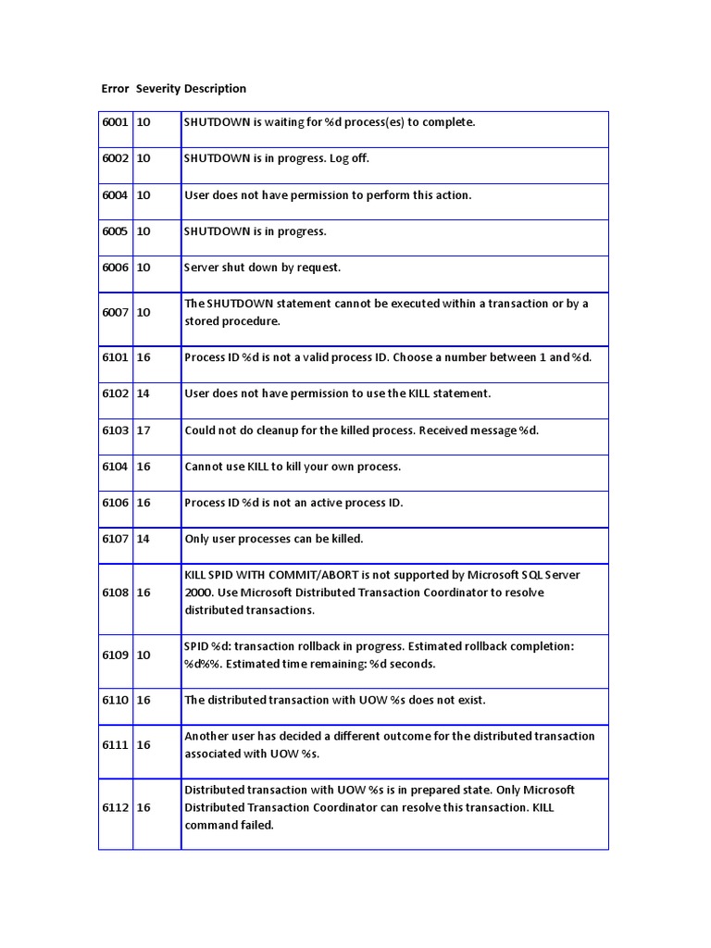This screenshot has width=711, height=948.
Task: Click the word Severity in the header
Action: (157, 89)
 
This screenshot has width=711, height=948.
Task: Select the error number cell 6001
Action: (116, 122)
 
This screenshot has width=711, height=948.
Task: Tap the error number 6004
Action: (116, 195)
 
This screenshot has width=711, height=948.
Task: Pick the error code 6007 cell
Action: (116, 313)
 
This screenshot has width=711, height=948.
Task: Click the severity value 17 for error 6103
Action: (143, 430)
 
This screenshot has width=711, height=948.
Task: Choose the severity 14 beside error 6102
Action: (143, 393)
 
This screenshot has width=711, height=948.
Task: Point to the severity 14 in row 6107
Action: (143, 539)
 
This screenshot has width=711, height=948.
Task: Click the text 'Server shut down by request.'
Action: (263, 268)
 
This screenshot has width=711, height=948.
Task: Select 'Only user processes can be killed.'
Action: (274, 539)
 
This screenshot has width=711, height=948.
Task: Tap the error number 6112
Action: (116, 808)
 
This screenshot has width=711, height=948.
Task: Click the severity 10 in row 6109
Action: (143, 655)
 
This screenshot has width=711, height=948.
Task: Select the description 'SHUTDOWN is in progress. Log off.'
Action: (277, 158)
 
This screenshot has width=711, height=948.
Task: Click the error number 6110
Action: (116, 701)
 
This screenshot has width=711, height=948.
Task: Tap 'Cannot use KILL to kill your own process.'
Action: (293, 467)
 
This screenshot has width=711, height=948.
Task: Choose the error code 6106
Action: (116, 503)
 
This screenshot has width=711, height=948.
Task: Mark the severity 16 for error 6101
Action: (143, 357)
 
